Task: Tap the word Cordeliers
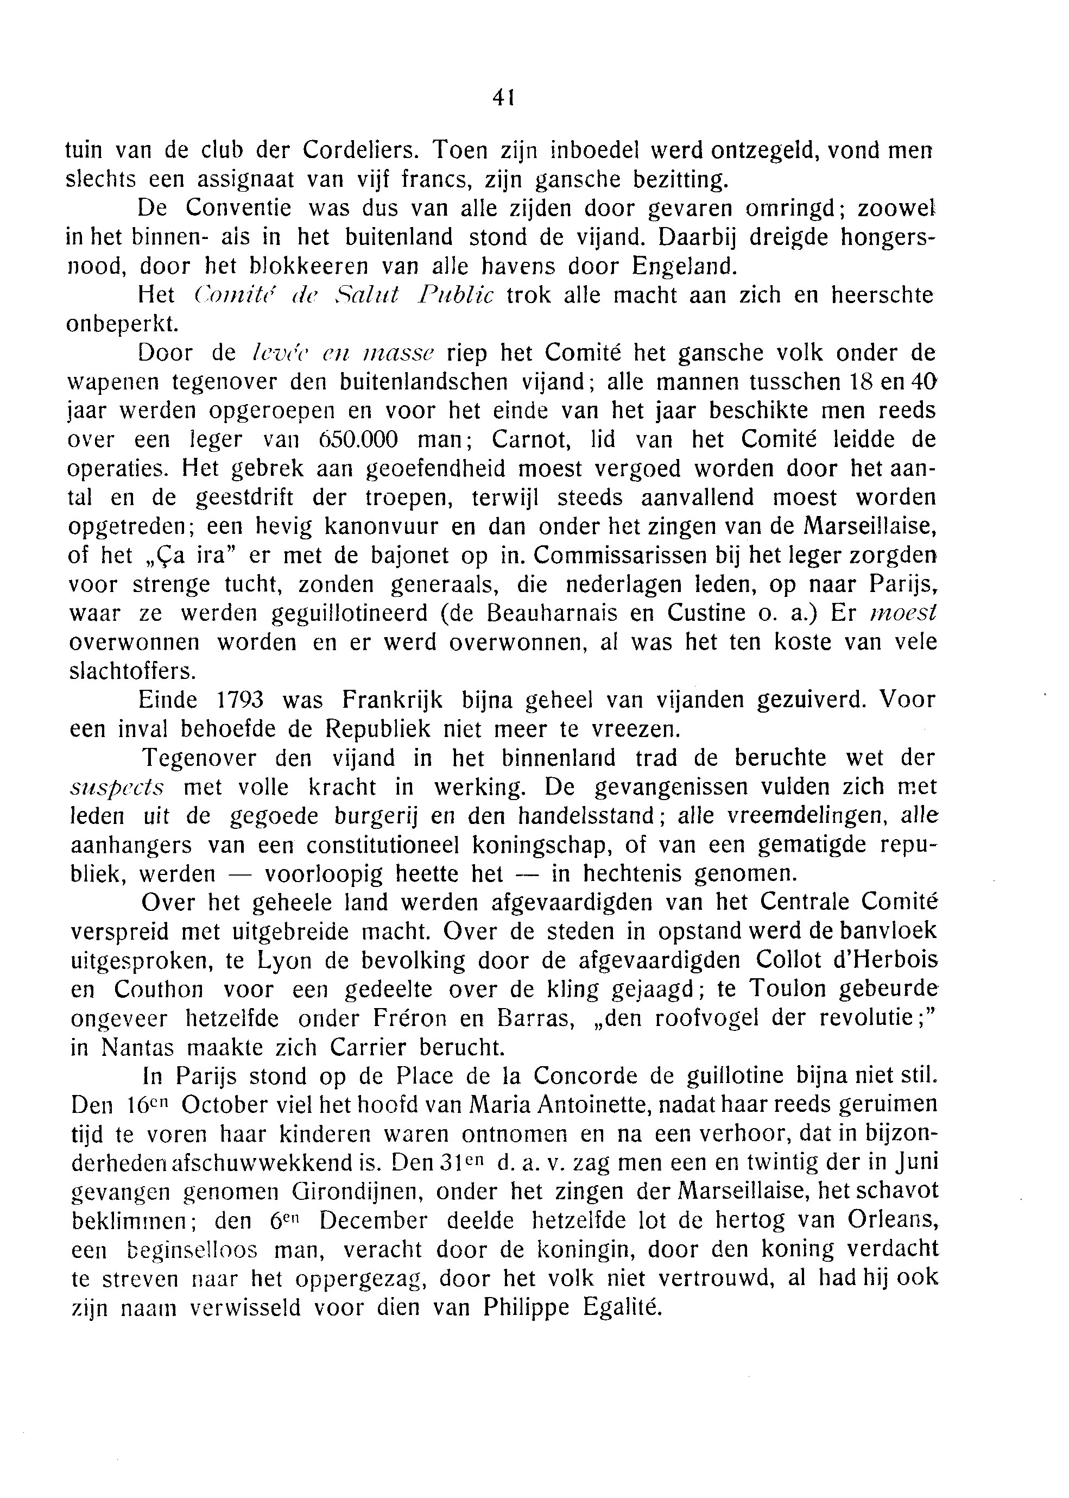[x=359, y=151]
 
